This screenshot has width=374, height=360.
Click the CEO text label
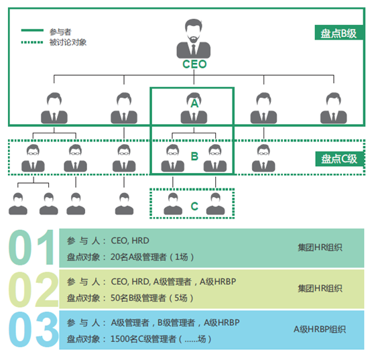(x=194, y=64)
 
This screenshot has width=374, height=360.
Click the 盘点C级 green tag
(x=339, y=159)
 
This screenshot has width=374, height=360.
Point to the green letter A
(x=194, y=104)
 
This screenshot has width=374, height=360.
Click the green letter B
(x=194, y=156)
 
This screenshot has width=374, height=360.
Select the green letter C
(x=194, y=206)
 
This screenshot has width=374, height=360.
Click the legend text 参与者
(x=59, y=32)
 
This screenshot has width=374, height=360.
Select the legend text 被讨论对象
(x=68, y=42)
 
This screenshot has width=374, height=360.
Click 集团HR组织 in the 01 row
(x=320, y=247)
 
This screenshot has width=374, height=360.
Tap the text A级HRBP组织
(x=320, y=330)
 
